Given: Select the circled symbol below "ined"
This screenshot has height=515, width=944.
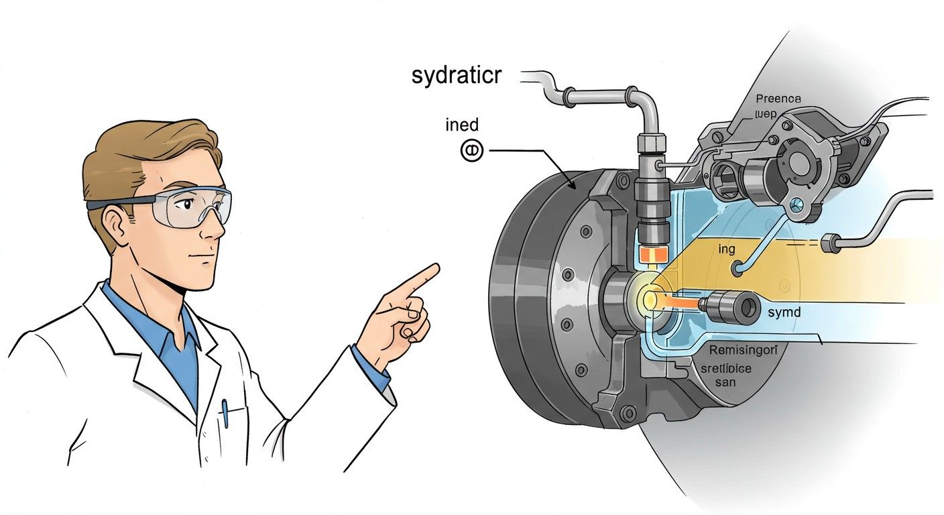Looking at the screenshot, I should click(x=471, y=152).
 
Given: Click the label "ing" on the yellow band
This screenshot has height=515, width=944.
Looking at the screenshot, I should click(x=727, y=249).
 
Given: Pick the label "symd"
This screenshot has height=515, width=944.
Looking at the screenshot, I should click(x=784, y=312).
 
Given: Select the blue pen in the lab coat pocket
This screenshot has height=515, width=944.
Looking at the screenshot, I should click(x=225, y=412).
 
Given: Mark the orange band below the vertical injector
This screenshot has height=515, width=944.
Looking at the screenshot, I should click(x=650, y=255).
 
